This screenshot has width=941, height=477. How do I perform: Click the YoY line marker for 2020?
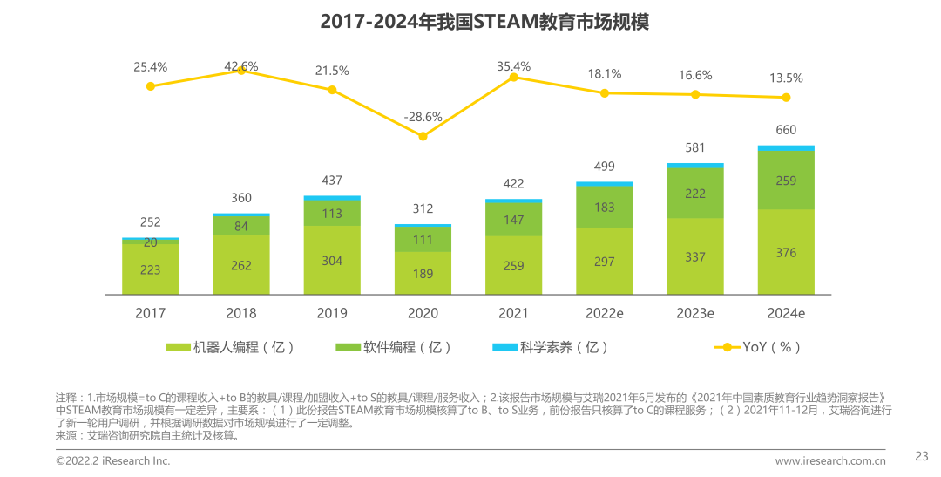coord(423,136)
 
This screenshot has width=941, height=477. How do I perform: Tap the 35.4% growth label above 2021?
coord(513,66)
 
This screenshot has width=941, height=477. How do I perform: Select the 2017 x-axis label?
coord(150,313)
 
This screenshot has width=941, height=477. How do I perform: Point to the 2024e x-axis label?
coord(786,313)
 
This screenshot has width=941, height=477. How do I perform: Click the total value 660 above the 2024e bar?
coord(786,130)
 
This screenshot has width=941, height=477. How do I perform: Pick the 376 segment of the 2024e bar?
coord(786,252)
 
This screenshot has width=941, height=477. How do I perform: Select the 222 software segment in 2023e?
coord(695,194)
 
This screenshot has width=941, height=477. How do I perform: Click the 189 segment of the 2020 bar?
coord(423,273)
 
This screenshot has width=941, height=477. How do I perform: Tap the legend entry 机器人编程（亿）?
coord(230,347)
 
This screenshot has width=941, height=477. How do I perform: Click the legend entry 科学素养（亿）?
coord(551,347)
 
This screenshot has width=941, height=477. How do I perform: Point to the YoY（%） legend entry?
coord(758,347)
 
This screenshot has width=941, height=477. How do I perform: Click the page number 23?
coord(922,455)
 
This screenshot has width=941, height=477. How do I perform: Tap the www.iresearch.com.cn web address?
coord(830,460)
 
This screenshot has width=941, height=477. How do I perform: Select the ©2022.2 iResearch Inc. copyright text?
coord(113,460)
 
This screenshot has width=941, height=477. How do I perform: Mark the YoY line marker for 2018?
coord(241,71)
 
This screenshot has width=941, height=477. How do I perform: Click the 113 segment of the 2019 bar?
coord(332,214)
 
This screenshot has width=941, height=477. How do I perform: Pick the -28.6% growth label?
coord(423,117)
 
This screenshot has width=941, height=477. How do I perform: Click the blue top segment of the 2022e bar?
coord(605,183)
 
